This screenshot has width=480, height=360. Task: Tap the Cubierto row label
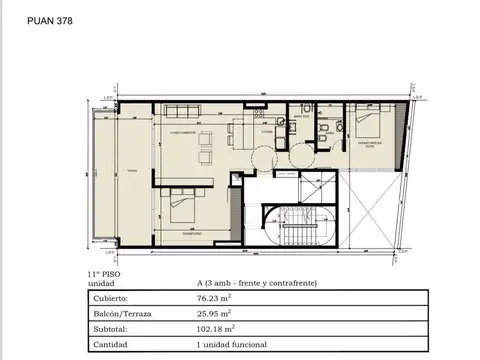(x=111, y=297)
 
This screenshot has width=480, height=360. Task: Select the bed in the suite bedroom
(x=364, y=127)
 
